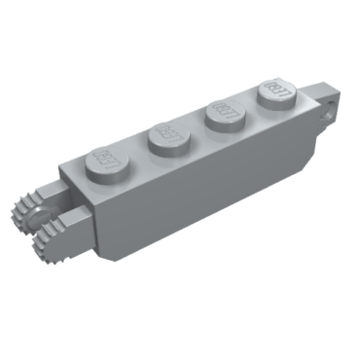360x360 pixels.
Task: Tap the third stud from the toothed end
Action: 225,114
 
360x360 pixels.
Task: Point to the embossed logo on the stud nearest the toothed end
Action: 105,156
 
